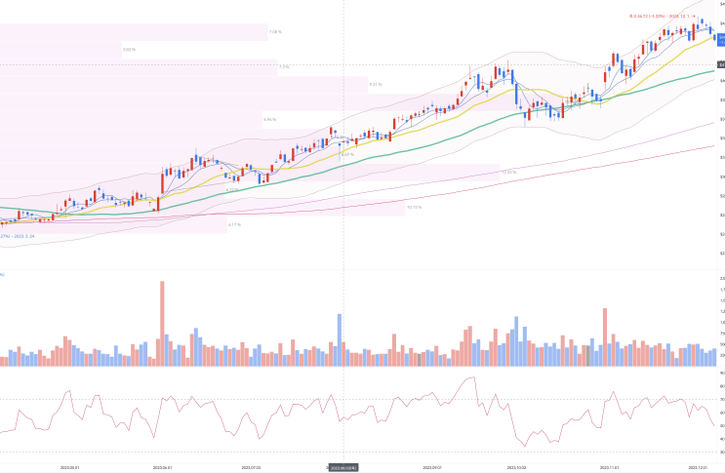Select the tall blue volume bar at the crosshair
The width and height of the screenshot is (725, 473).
340,339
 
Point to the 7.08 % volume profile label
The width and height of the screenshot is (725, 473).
275,32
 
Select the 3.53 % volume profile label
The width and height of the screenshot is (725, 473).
129,49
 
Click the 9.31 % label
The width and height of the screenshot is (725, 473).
376,85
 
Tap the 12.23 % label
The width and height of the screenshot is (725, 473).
508,172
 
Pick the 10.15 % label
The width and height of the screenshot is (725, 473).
414,207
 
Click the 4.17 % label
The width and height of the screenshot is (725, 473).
234,225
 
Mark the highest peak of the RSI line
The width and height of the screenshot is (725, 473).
473,377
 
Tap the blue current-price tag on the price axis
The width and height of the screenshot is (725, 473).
720,38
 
